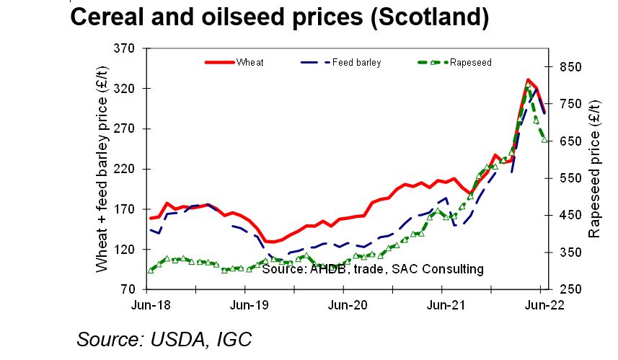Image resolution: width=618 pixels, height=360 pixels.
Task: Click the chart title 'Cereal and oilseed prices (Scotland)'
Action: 279,18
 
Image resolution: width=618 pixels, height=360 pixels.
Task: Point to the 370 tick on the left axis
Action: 126,49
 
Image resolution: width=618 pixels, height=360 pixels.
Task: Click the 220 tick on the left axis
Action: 126,169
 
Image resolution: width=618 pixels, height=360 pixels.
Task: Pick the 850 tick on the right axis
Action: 568,67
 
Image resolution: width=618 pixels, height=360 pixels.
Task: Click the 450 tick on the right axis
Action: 568,215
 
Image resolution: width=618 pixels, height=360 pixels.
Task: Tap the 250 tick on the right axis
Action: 568,289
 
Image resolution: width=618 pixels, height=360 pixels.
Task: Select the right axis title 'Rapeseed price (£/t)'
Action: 595,170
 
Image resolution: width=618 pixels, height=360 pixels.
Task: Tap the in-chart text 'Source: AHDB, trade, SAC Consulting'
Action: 372,269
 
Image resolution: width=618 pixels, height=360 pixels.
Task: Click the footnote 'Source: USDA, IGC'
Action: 164,338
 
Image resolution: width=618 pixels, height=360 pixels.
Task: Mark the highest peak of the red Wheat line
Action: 529,80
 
